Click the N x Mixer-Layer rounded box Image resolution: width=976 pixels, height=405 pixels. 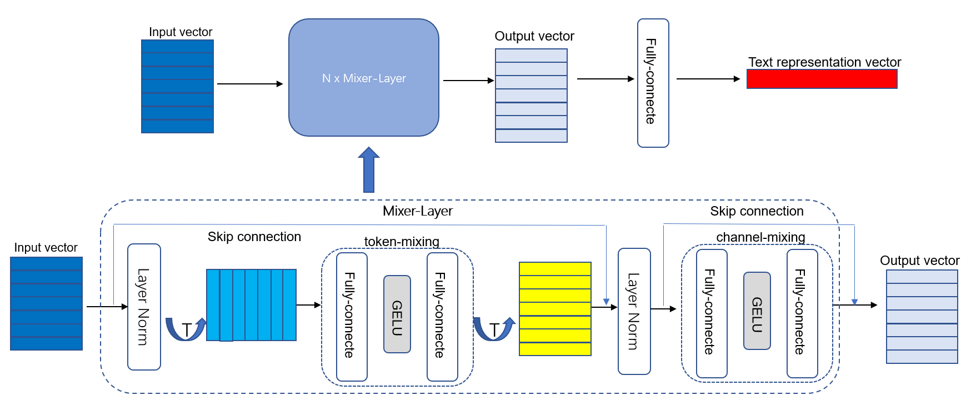[364, 78]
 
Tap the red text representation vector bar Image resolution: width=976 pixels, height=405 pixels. [822, 79]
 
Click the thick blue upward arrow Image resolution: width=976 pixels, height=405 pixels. [369, 170]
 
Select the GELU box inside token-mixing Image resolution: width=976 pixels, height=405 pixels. [397, 314]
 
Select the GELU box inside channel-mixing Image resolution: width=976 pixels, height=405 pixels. [757, 311]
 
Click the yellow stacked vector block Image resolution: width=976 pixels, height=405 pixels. [555, 309]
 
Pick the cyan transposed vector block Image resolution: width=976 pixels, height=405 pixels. [251, 305]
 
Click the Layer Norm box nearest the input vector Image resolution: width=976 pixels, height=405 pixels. [144, 307]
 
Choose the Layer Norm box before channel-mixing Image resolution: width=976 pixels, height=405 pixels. [634, 311]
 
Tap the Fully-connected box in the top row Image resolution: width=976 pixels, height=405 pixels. [653, 83]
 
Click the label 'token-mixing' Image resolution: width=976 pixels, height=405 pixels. [402, 242]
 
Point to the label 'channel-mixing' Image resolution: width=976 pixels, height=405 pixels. [760, 237]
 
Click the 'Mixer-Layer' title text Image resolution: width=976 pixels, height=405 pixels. [418, 211]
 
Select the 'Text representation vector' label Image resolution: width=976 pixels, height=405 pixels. [824, 62]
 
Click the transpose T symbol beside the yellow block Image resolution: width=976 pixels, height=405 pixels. [494, 330]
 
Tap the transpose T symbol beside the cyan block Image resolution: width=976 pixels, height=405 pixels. [187, 330]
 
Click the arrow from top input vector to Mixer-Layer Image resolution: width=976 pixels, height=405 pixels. [250, 84]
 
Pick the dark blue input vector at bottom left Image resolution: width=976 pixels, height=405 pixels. [46, 303]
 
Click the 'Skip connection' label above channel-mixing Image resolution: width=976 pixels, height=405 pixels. [757, 211]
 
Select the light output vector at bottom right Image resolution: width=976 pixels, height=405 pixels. [922, 317]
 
